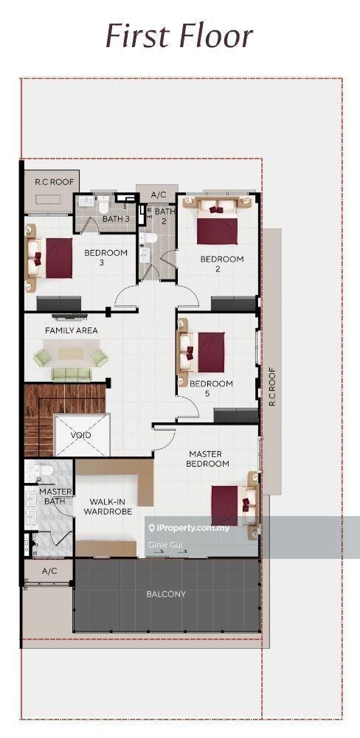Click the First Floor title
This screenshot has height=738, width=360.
[x=179, y=35]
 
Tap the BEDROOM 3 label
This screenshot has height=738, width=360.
[x=105, y=257]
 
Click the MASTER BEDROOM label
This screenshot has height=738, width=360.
[x=209, y=459]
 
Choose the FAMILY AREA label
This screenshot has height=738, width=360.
[x=72, y=330]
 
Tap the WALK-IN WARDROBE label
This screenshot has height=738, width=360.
[x=107, y=506]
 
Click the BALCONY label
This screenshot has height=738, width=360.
[x=167, y=593]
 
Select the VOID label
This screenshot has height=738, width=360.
[x=81, y=435]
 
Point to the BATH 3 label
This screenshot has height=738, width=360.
[x=116, y=219]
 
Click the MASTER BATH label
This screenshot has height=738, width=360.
[x=55, y=496]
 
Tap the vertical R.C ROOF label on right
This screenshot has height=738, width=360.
[x=271, y=388]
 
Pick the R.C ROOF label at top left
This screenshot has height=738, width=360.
[x=52, y=181]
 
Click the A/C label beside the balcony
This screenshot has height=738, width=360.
[x=49, y=571]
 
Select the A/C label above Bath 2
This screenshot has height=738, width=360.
[x=158, y=195]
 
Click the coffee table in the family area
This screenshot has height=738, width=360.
[x=72, y=353]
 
